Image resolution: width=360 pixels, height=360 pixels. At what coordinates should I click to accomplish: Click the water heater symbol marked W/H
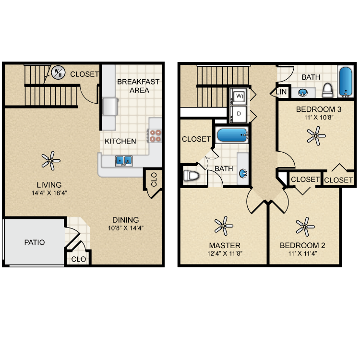tap(58, 73)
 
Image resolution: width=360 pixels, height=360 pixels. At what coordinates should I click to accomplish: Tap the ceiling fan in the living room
tap(50, 160)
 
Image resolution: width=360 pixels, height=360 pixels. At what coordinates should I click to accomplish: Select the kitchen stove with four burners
tap(155, 136)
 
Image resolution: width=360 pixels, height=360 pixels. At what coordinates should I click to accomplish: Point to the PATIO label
tap(35, 242)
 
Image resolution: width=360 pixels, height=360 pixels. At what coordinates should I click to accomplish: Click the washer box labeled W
tap(238, 96)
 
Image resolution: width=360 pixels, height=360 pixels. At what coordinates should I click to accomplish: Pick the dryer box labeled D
tap(238, 114)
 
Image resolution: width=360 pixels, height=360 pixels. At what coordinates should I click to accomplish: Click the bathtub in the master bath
tap(231, 135)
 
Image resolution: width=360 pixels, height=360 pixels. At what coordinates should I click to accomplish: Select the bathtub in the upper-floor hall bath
tap(345, 82)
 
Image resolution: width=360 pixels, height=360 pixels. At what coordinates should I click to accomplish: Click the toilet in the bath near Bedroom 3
tap(327, 90)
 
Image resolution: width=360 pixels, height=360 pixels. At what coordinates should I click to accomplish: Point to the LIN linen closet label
tap(281, 91)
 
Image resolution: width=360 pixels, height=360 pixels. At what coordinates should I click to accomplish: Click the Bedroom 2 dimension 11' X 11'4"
tap(302, 254)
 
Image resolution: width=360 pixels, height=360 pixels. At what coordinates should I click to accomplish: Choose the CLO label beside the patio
tap(79, 259)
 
